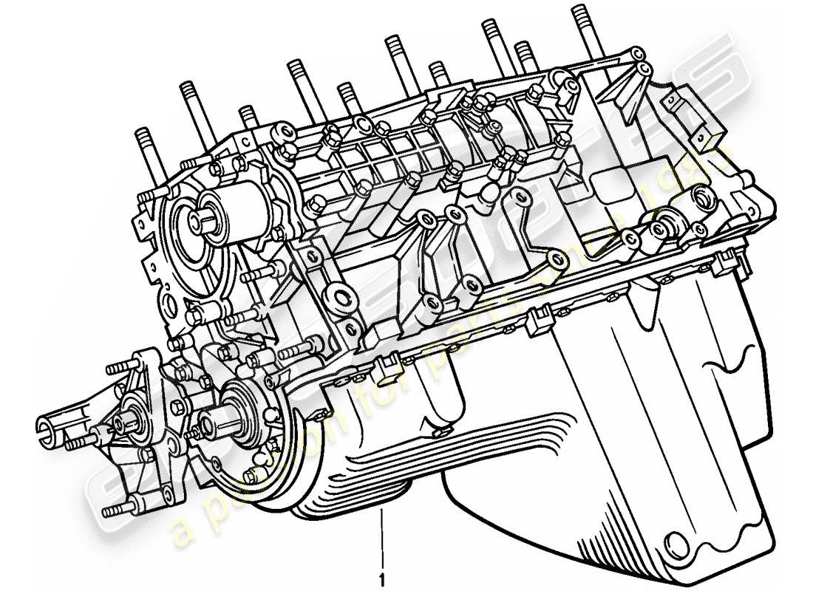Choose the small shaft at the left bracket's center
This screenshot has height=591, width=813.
pos(123,421)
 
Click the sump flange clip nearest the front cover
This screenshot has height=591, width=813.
pos(383,366)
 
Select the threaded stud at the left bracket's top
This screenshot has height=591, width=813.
pos(117,367)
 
